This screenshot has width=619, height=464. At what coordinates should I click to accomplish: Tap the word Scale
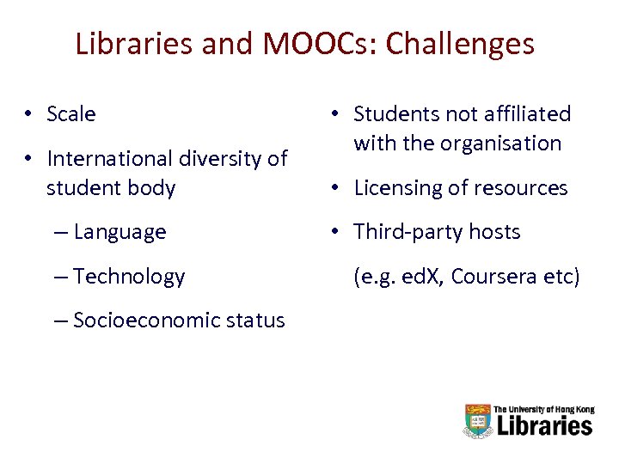tap(71, 113)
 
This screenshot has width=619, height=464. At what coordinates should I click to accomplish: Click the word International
tap(111, 159)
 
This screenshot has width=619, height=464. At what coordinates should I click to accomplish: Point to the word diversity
tap(224, 159)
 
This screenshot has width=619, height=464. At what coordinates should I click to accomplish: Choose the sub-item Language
tap(120, 232)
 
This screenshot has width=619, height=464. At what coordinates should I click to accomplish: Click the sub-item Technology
tap(129, 277)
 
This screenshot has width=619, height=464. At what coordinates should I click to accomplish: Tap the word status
tap(256, 321)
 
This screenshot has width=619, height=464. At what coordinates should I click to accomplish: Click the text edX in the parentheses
tap(422, 277)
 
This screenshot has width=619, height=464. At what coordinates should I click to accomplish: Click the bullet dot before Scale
tap(29, 113)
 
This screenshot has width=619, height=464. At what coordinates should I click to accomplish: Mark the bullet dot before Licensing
tap(336, 187)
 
